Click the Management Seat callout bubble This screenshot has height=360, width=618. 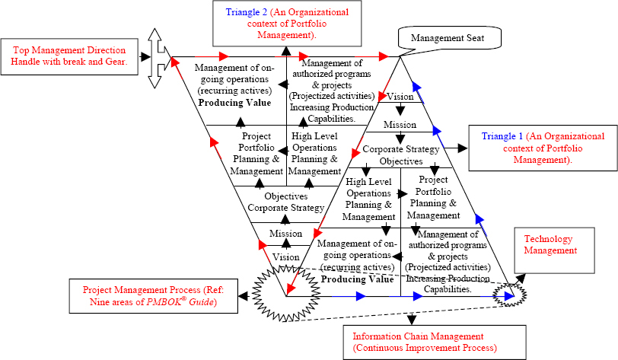449,38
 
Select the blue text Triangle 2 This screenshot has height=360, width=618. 246,12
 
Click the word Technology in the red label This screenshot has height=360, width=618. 548,239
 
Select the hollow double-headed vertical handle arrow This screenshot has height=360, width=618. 155,59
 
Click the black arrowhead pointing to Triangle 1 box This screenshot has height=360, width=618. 462,148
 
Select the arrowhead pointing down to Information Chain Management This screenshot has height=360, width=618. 412,319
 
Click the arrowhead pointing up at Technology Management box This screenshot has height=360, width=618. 521,278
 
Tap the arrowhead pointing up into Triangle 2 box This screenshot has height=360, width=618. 286,51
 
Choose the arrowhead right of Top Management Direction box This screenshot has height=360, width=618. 145,57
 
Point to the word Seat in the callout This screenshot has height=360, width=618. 476,38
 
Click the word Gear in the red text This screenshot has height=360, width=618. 115,62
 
